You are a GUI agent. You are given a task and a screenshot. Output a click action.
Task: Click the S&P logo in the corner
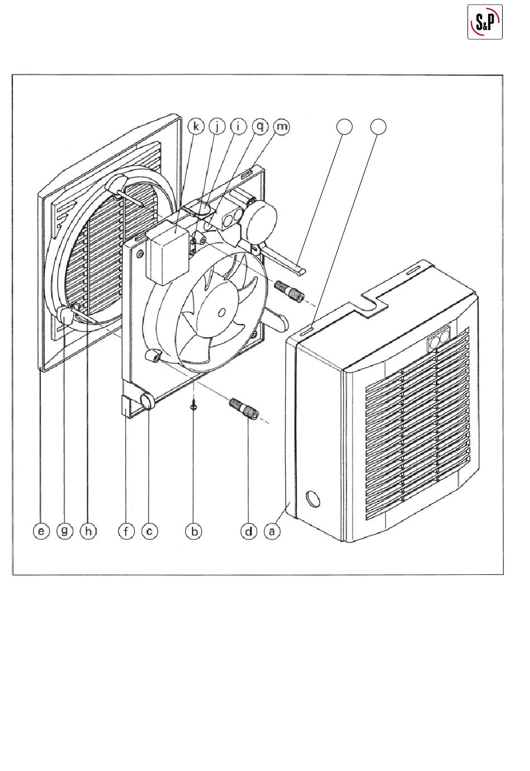pos(485,22)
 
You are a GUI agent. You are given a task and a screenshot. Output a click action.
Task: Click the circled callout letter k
pos(196,127)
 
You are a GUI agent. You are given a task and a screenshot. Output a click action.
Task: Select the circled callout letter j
pos(217,127)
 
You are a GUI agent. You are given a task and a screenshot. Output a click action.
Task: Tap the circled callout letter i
pos(238,127)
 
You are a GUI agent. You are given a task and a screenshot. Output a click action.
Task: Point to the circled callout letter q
pos(260,127)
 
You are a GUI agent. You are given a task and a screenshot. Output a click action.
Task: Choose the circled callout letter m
pos(282,127)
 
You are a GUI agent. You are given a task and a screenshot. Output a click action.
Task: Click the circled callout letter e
pos(41,531)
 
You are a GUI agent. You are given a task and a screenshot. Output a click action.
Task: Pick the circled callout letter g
pos(64,531)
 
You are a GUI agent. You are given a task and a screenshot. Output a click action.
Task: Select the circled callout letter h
pos(88,531)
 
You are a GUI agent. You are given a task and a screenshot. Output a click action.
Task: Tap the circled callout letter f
pos(126,531)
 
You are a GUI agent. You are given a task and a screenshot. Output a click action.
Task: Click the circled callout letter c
pos(150,531)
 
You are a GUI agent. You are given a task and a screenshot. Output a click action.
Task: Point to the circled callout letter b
pos(194,531)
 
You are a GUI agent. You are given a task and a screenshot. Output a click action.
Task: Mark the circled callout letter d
pos(249,531)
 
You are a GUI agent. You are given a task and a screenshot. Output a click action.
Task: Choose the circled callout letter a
pos(272,531)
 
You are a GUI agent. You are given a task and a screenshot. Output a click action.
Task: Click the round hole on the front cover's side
pos(312,499)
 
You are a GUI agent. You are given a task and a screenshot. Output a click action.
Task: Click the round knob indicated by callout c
pos(148,401)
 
